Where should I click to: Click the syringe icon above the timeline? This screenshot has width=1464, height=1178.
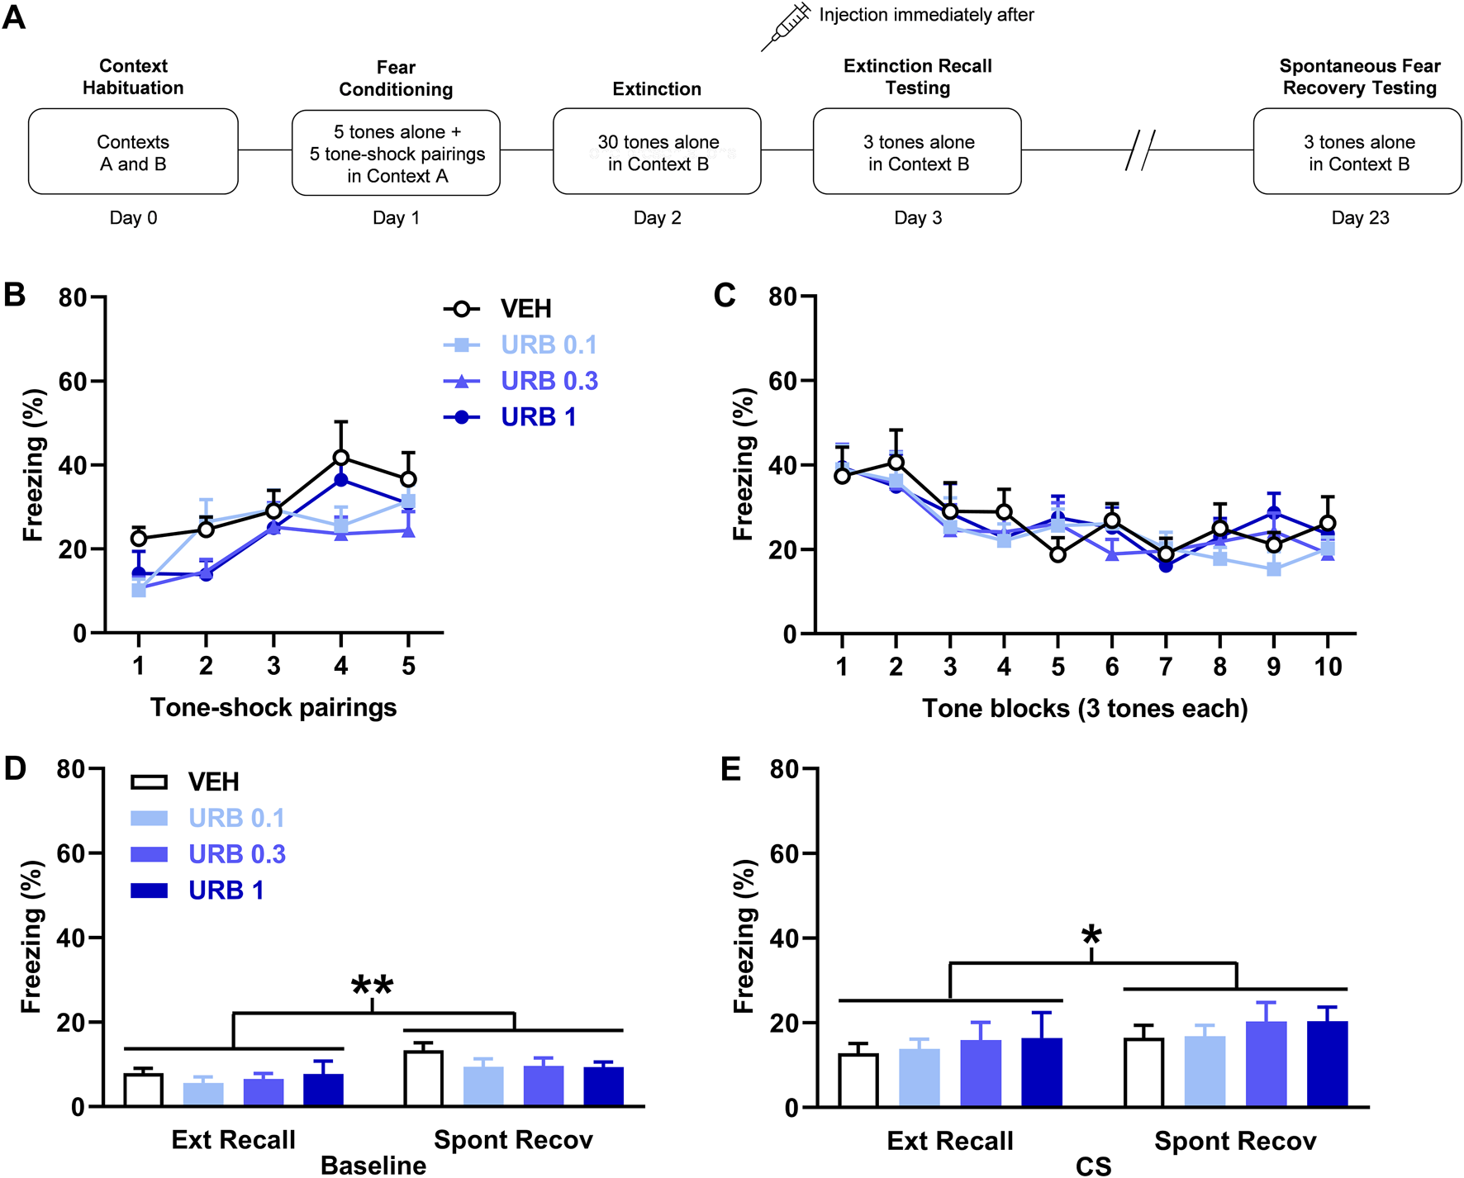click(786, 26)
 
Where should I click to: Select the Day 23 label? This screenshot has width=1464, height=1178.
click(1360, 218)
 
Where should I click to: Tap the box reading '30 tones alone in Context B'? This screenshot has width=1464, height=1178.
click(657, 152)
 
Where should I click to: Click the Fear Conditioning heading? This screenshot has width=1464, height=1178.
click(396, 78)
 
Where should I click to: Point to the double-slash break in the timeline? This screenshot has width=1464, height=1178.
click(1140, 150)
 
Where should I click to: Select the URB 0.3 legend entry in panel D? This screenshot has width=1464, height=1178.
click(236, 854)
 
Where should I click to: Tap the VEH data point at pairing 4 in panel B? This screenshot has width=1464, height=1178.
click(340, 458)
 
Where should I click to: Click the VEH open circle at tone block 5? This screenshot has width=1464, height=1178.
click(1058, 555)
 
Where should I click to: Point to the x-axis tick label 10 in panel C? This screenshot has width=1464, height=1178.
click(1328, 667)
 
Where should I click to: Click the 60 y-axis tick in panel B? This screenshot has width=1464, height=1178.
click(73, 382)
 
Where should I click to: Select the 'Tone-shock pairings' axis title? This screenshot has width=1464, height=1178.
click(273, 708)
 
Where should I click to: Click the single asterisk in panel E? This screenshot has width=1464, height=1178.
click(1091, 937)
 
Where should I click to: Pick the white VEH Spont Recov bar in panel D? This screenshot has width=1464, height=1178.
click(423, 1078)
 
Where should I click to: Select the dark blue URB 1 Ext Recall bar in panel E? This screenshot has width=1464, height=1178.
click(1042, 1072)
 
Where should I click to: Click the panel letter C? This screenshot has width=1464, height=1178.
click(725, 296)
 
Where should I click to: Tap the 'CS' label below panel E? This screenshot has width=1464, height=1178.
click(1093, 1166)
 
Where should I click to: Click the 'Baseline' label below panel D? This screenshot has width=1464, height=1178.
click(373, 1166)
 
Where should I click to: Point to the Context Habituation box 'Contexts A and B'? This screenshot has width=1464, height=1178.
click(133, 152)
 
